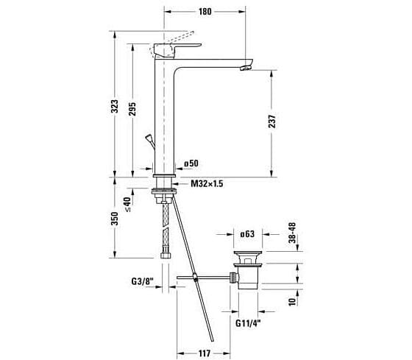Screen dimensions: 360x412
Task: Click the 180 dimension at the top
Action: click(x=205, y=11)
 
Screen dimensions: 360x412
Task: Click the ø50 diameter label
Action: click(x=191, y=163)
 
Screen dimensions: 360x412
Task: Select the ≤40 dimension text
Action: click(x=127, y=203)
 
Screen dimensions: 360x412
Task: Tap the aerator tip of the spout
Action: click(x=245, y=68)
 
